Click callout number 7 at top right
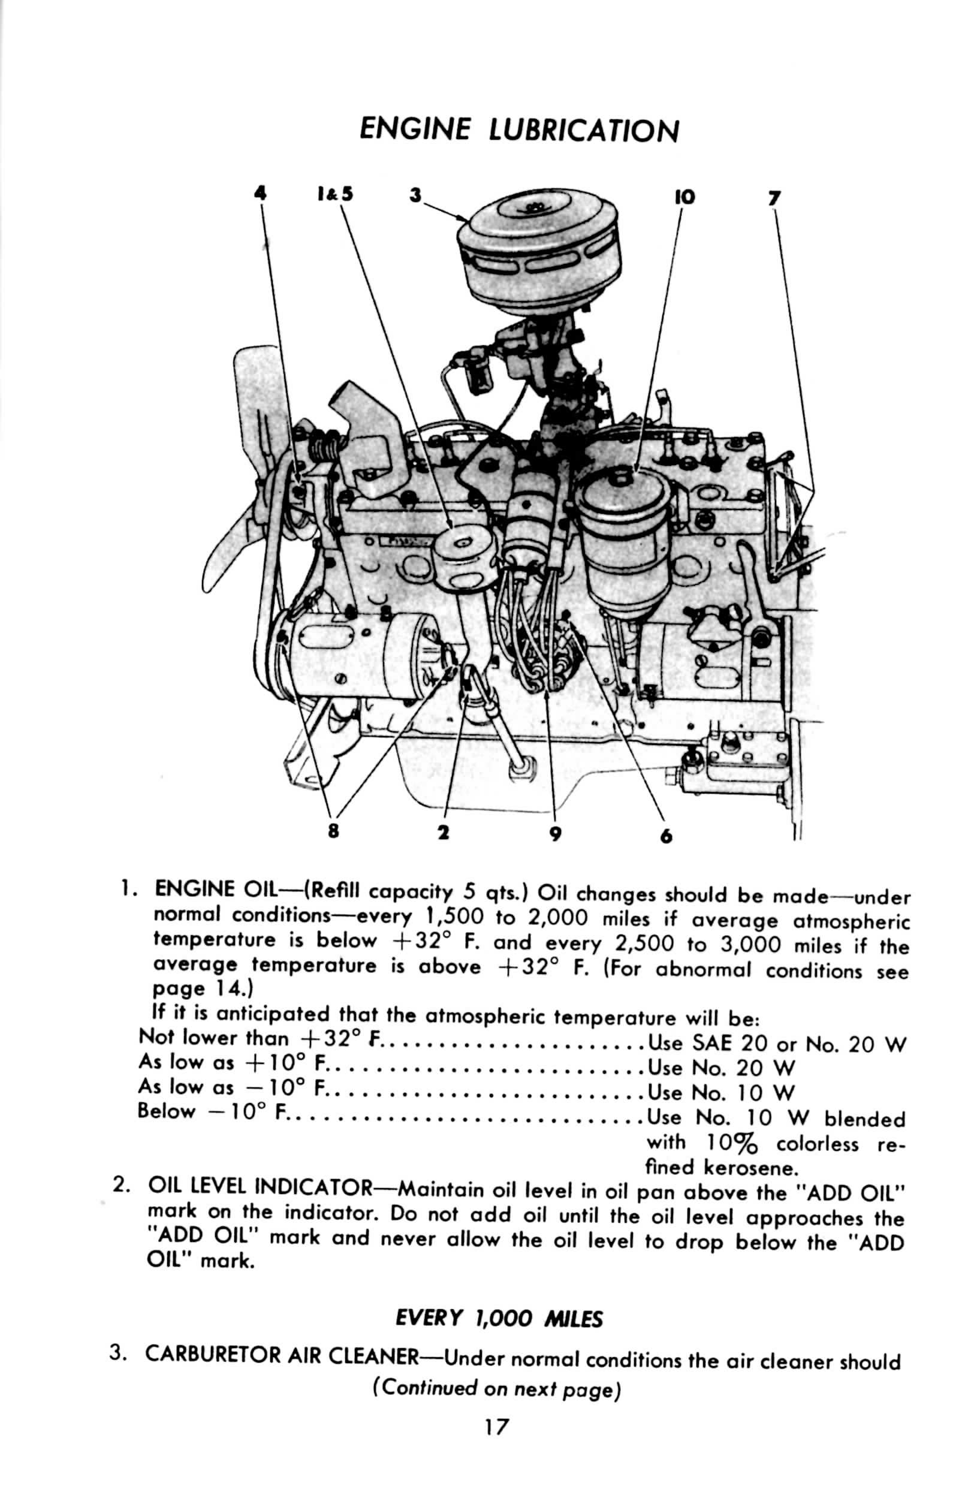[774, 198]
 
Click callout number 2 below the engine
[444, 832]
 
